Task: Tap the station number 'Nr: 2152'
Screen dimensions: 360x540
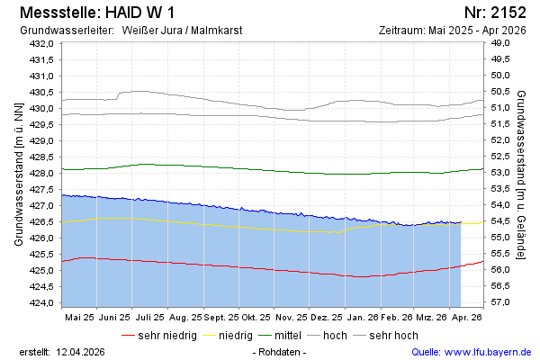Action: (497, 13)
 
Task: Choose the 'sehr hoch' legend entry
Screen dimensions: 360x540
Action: (394, 335)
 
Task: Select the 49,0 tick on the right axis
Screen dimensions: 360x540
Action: (500, 44)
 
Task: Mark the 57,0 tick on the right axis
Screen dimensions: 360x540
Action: (500, 301)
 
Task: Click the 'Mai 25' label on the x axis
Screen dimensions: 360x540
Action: (79, 317)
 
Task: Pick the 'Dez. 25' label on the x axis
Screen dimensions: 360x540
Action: (326, 317)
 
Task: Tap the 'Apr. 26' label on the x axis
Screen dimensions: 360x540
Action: (467, 317)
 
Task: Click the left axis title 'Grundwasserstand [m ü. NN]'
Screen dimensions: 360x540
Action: (18, 173)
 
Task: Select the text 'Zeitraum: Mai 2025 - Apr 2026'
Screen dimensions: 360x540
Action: (453, 31)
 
